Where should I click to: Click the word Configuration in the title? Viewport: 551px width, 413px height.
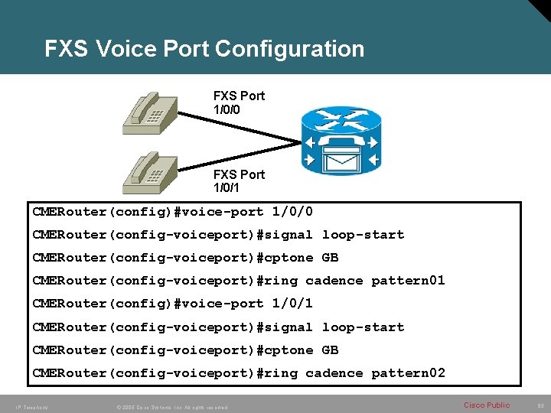(x=290, y=49)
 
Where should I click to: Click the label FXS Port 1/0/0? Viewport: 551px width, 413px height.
(x=239, y=102)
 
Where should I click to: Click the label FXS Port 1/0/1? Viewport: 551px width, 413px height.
(x=239, y=181)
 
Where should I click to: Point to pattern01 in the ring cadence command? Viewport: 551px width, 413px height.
(x=408, y=281)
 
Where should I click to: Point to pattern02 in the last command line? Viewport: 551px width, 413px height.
(x=408, y=373)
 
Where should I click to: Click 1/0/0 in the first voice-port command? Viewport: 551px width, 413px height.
(x=292, y=212)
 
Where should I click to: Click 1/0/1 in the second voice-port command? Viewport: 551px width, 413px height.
(x=292, y=304)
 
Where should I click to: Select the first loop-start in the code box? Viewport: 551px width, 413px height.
(x=363, y=235)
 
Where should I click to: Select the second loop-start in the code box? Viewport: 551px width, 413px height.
(x=363, y=327)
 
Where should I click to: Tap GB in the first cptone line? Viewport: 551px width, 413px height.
(x=330, y=258)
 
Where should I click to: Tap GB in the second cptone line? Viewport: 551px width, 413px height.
(x=330, y=350)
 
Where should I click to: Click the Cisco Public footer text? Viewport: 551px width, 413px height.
(x=487, y=405)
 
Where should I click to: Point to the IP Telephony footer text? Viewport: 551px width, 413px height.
(x=31, y=407)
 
